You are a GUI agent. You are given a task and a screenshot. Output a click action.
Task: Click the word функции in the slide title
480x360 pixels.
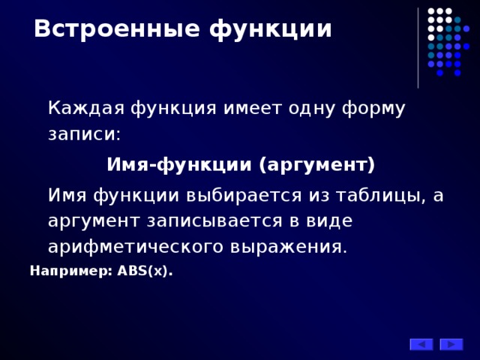pyautogui.click(x=270, y=29)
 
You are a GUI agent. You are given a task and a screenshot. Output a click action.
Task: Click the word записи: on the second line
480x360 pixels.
pyautogui.click(x=84, y=135)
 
